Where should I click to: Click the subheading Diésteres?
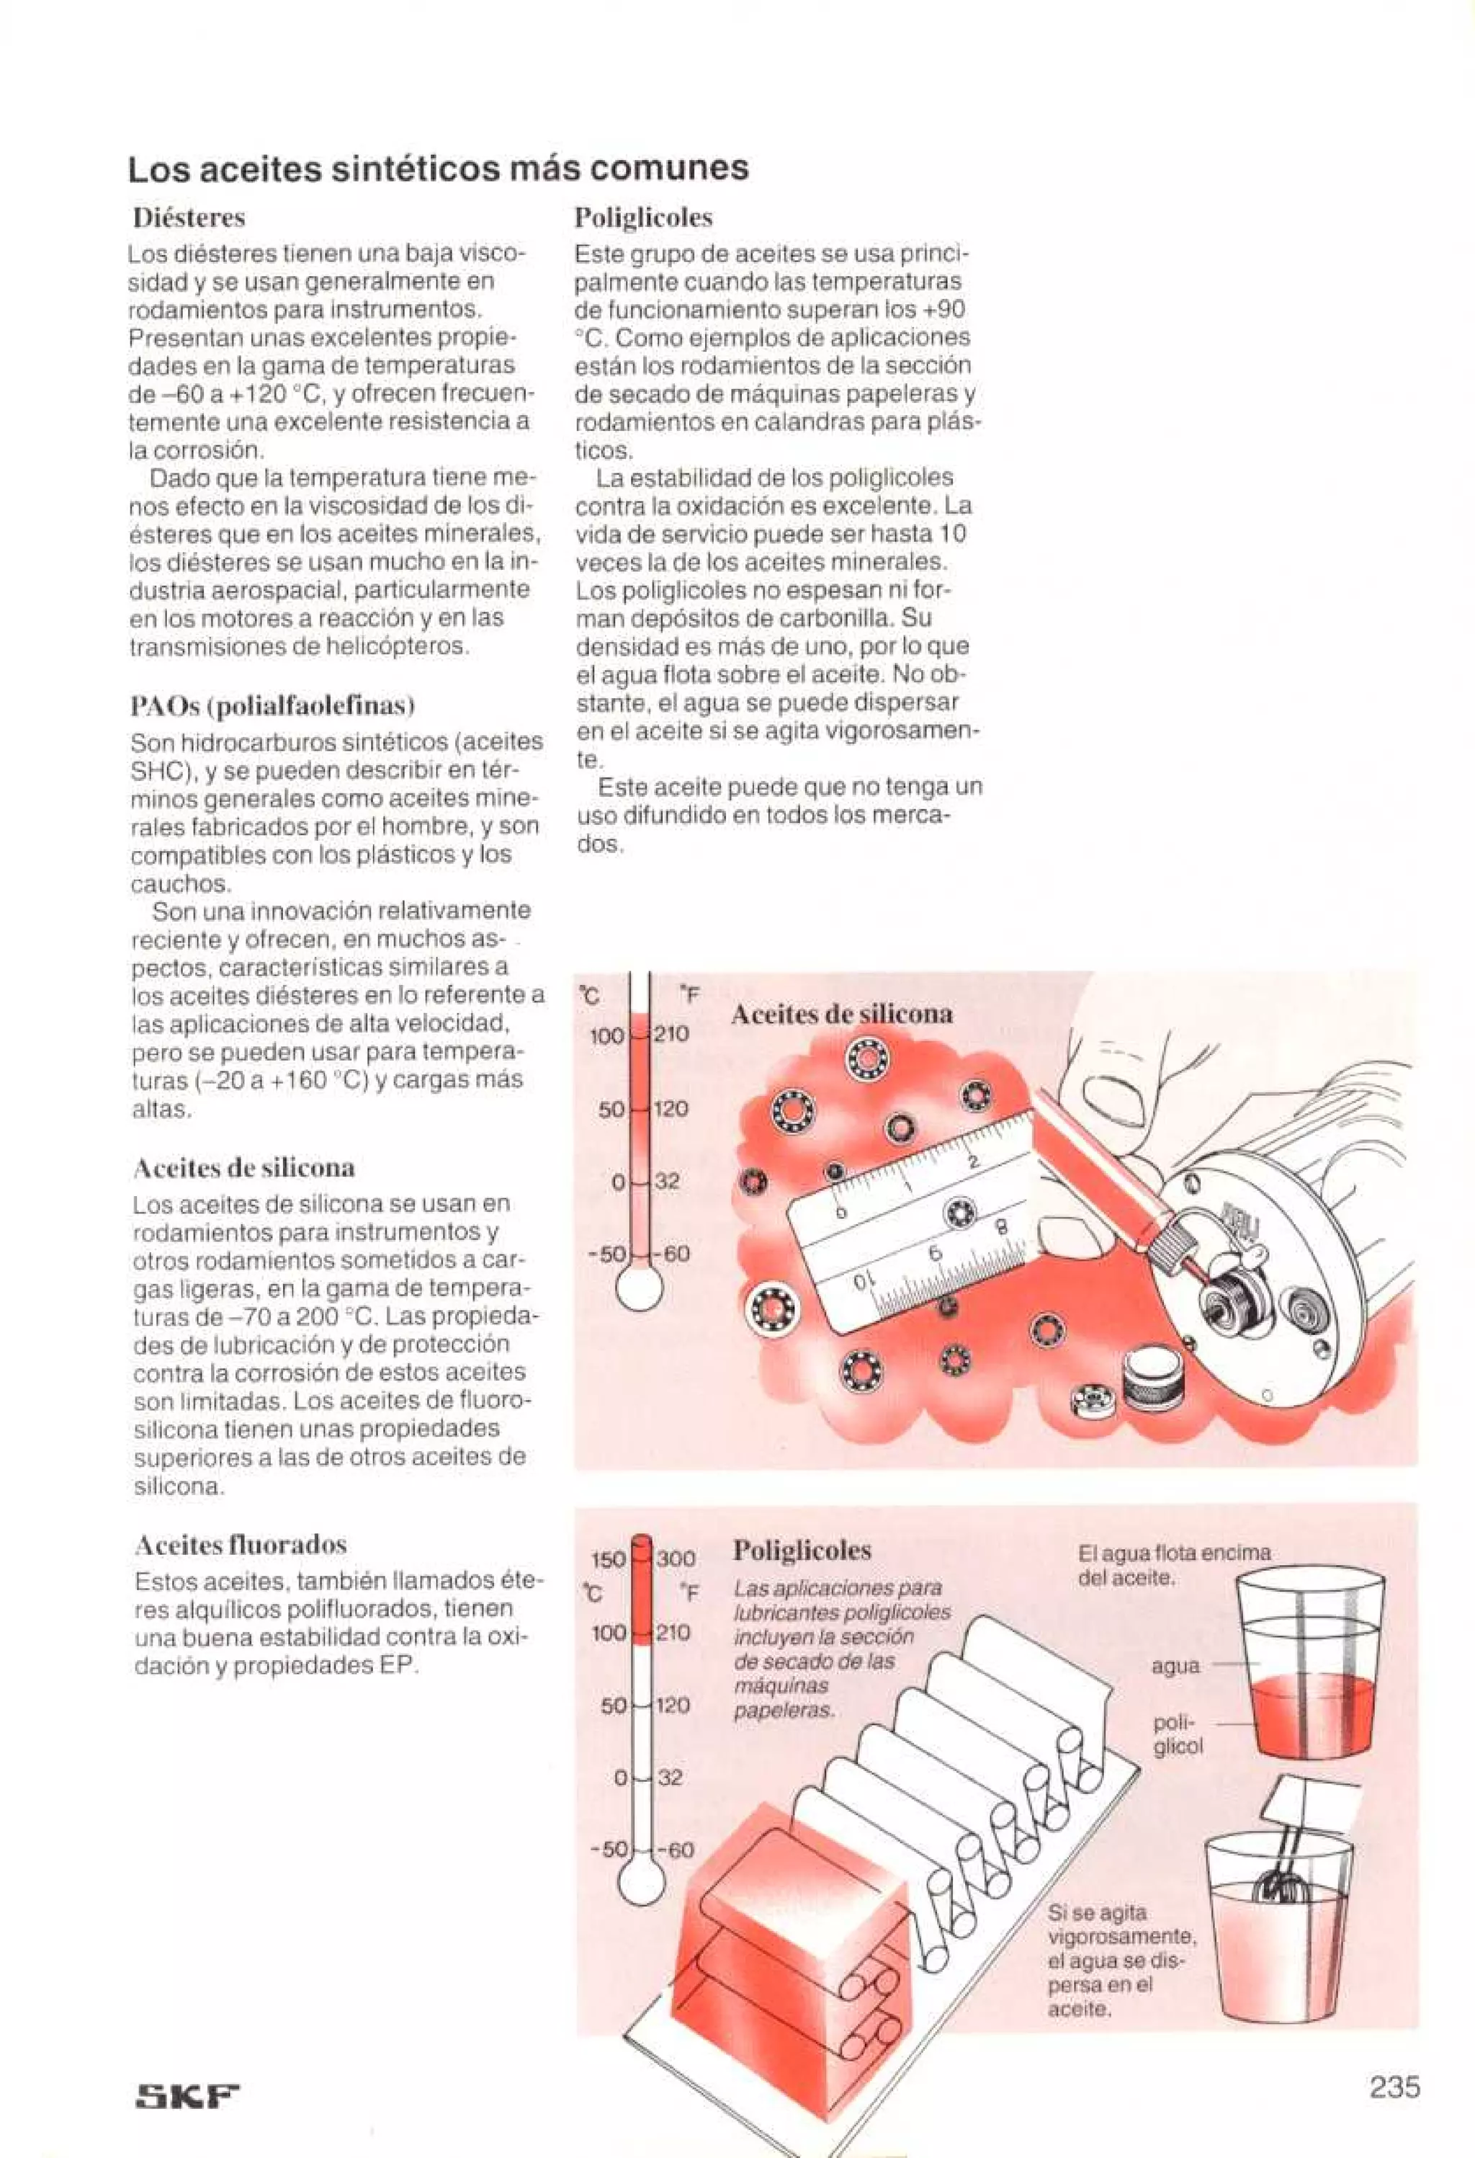pyautogui.click(x=189, y=218)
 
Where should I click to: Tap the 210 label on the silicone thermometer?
pyautogui.click(x=672, y=1033)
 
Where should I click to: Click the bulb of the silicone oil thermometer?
pyautogui.click(x=640, y=1289)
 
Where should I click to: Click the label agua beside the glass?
pyautogui.click(x=1176, y=1666)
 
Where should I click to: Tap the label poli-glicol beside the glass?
pyautogui.click(x=1177, y=1734)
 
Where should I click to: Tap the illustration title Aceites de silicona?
pyautogui.click(x=841, y=1014)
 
